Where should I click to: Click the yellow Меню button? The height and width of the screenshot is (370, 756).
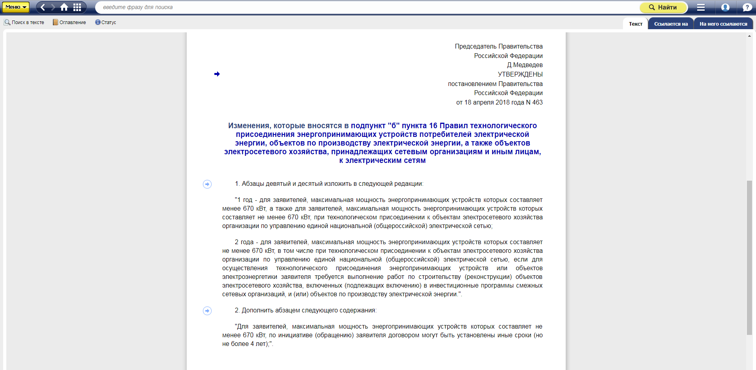[x=16, y=7]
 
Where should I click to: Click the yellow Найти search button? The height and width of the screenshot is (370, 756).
[x=663, y=7]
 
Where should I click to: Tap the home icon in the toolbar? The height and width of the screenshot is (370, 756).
[x=64, y=7]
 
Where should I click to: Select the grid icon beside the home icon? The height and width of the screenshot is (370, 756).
[x=77, y=7]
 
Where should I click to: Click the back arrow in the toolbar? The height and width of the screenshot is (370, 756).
[x=43, y=7]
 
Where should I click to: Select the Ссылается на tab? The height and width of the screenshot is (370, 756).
[x=671, y=24]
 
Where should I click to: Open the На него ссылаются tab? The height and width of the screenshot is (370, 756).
[x=723, y=24]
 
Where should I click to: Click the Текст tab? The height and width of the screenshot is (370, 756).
[x=636, y=24]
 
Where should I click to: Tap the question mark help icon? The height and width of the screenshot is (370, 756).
[x=747, y=7]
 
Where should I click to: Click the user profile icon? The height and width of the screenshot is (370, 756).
[x=725, y=7]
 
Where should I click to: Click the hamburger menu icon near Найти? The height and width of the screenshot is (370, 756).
[x=701, y=7]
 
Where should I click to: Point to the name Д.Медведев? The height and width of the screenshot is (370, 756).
[x=525, y=65]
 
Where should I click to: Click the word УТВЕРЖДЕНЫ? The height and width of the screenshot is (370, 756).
[x=520, y=74]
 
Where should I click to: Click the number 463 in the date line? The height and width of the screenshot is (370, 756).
[x=537, y=103]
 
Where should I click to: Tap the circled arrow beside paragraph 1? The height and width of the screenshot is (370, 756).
[x=207, y=184]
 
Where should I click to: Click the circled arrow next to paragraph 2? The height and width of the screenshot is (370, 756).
[x=207, y=311]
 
